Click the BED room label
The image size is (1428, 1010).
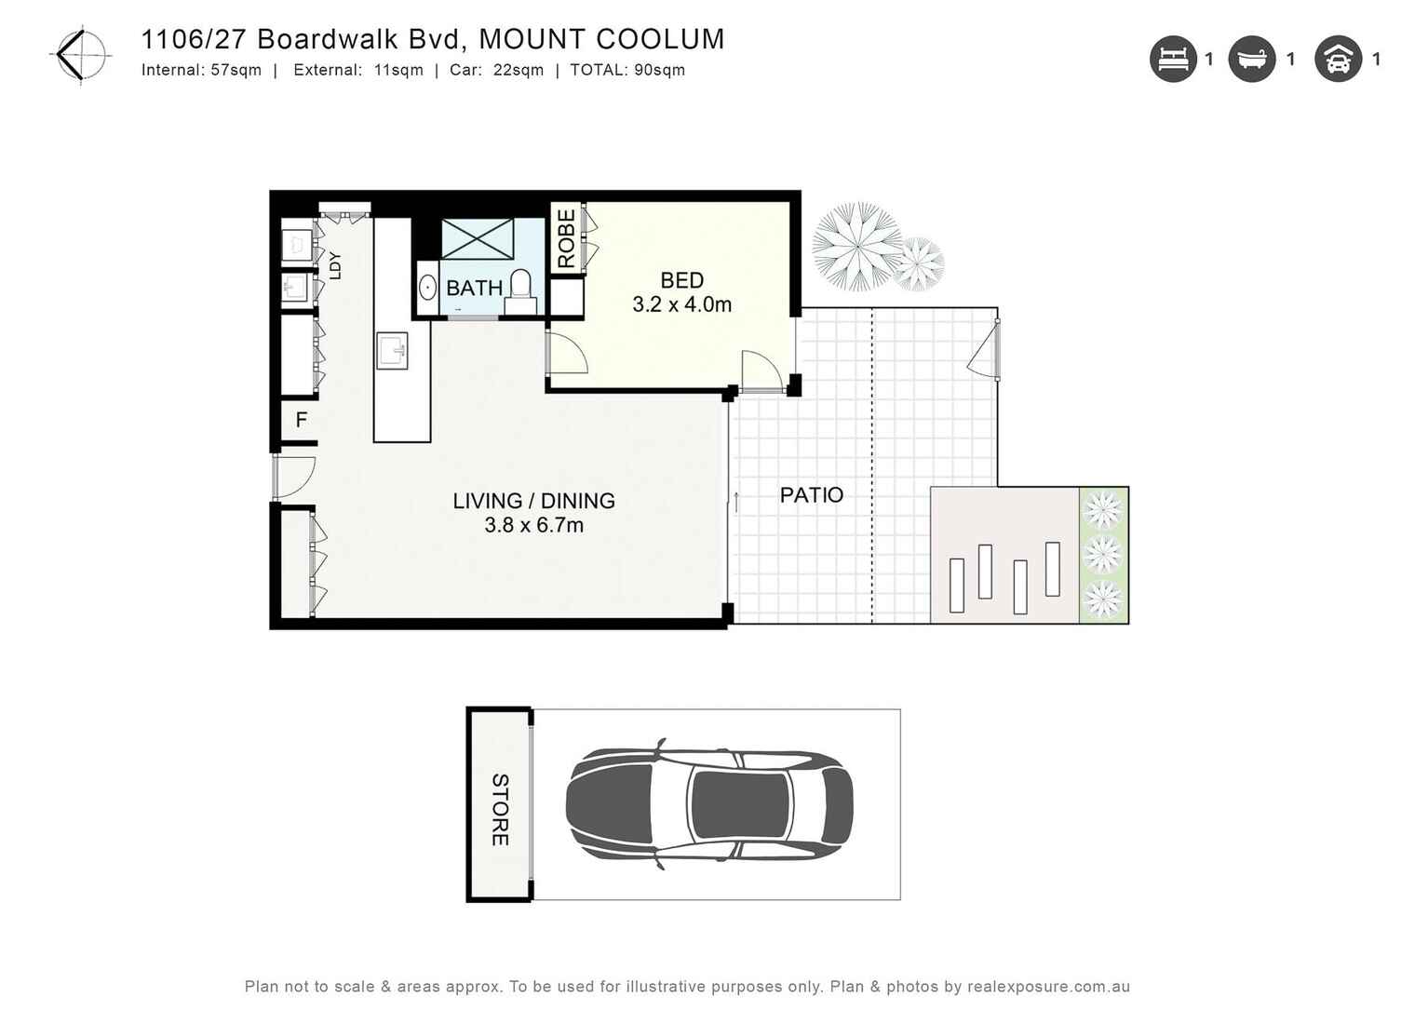681,280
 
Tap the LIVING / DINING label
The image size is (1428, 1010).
533,501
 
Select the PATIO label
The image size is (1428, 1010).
811,495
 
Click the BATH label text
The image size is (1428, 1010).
474,289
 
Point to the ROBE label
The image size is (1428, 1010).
566,239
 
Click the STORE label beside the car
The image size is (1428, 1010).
500,809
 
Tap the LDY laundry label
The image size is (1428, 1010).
335,265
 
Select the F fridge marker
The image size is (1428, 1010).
301,420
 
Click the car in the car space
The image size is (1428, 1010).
709,804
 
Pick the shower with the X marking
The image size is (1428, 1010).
477,239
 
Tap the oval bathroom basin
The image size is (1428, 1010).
427,287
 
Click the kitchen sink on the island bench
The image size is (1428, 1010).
392,352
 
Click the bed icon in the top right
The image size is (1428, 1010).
1172,60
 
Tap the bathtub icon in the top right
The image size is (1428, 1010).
1251,60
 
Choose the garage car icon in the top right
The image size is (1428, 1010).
1338,60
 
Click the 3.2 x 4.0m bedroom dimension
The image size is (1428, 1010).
681,304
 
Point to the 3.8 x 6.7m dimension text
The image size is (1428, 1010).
533,525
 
